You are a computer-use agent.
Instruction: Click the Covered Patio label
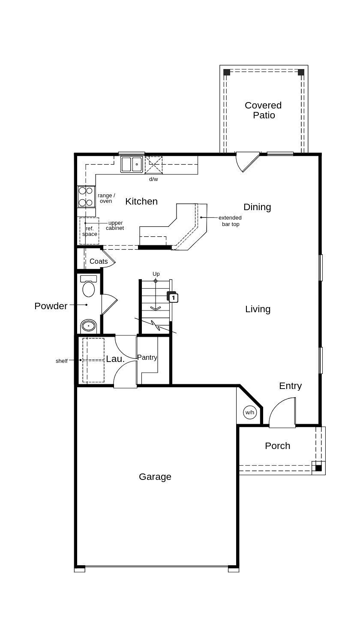click(263, 110)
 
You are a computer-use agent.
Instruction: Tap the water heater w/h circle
click(250, 413)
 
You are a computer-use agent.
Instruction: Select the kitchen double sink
click(132, 164)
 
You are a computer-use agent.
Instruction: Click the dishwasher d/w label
click(153, 179)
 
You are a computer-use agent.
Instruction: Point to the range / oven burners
click(86, 197)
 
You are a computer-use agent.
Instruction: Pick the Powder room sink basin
click(89, 326)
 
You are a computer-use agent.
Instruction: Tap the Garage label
click(155, 476)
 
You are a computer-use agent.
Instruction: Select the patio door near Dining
click(247, 161)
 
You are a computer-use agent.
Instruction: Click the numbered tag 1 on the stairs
click(173, 298)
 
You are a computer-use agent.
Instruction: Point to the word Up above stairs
click(156, 274)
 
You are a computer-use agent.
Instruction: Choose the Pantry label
click(147, 357)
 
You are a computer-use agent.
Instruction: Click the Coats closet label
click(99, 261)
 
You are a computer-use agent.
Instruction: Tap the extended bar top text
click(230, 221)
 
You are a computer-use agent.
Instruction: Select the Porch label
click(277, 446)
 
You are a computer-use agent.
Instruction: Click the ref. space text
click(90, 231)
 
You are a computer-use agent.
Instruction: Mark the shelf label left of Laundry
click(62, 361)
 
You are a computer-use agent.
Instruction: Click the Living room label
click(258, 309)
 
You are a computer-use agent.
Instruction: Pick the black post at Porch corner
click(318, 468)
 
